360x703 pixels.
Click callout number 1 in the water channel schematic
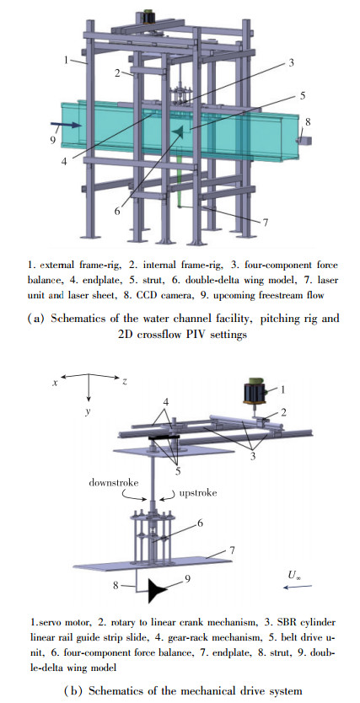point(66,60)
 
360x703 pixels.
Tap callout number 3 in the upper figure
point(291,63)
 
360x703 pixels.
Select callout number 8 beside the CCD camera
point(308,121)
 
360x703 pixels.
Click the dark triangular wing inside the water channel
point(178,131)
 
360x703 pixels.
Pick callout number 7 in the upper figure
point(265,223)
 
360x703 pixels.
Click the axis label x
point(55,383)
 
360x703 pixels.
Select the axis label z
point(124,382)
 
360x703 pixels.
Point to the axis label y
point(88,411)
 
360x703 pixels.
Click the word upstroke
point(198,493)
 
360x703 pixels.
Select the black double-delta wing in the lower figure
point(159,590)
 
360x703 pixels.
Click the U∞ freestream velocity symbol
point(294,574)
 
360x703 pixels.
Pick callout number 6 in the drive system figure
point(201,523)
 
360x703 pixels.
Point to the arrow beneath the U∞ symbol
point(298,586)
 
